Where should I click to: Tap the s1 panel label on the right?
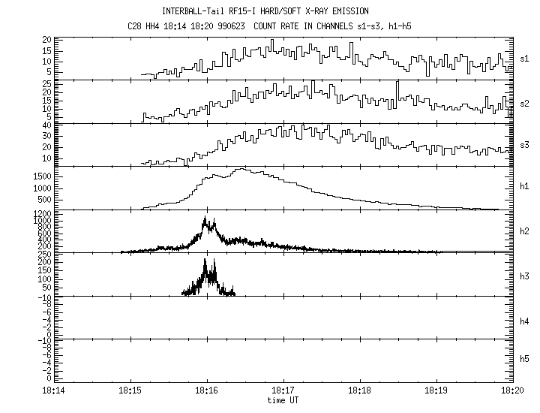(x=525, y=58)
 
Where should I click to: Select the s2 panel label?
(x=525, y=101)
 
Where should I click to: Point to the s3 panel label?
(x=525, y=145)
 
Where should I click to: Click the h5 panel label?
(x=525, y=363)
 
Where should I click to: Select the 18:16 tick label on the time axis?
(x=206, y=391)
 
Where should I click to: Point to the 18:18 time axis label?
(x=359, y=391)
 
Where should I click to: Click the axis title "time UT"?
(x=283, y=400)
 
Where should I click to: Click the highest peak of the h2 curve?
(x=205, y=217)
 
